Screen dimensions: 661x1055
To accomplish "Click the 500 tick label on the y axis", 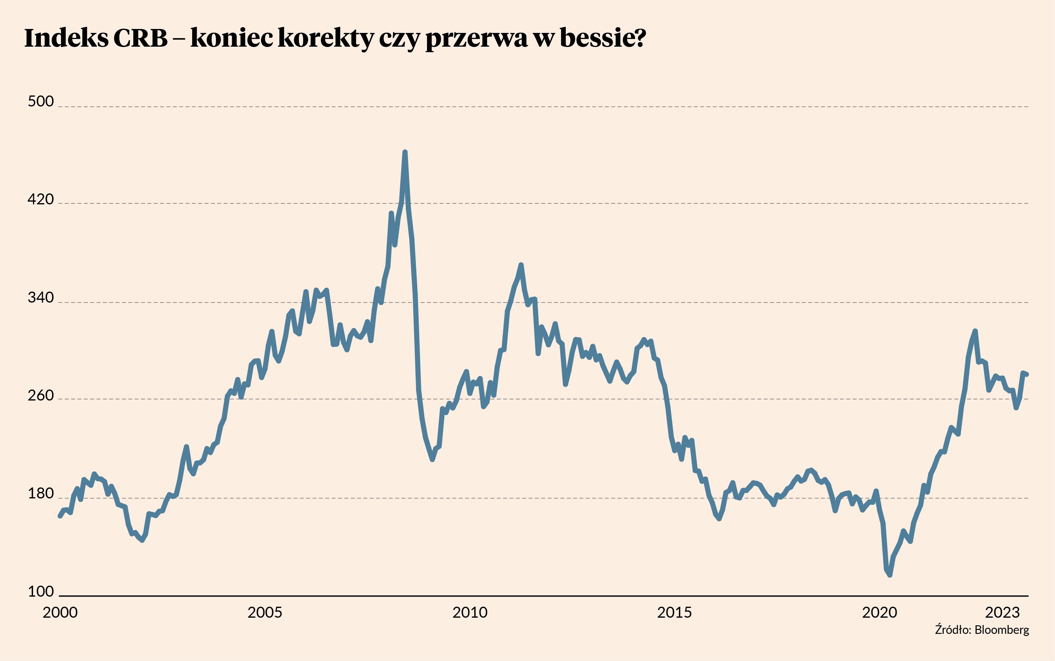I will pyautogui.click(x=41, y=102).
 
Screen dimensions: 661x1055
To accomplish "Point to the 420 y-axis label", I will pyautogui.click(x=41, y=199).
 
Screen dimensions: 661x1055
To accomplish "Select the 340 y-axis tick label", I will pyautogui.click(x=41, y=298).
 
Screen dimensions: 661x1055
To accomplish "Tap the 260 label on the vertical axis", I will pyautogui.click(x=41, y=396).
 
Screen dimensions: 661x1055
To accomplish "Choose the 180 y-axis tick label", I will pyautogui.click(x=41, y=494).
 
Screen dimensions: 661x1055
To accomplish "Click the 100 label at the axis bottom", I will pyautogui.click(x=41, y=591).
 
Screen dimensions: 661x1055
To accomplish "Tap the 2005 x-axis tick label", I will pyautogui.click(x=265, y=613).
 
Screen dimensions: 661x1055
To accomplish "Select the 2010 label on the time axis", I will pyautogui.click(x=470, y=613).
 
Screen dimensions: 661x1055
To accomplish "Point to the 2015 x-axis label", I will pyautogui.click(x=675, y=613).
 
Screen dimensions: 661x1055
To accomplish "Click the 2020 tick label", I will pyautogui.click(x=879, y=613).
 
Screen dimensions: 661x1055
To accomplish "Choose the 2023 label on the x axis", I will pyautogui.click(x=1003, y=613).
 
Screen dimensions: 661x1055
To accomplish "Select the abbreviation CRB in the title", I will pyautogui.click(x=140, y=38).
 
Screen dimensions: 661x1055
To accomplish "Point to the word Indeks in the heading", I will pyautogui.click(x=66, y=38).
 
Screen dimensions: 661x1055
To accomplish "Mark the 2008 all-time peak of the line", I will pyautogui.click(x=405, y=152).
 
